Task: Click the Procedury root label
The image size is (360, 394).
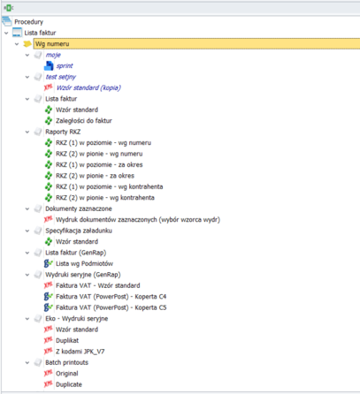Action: coord(28,22)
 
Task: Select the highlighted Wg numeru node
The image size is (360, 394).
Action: coord(52,44)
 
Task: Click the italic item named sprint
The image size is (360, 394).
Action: coord(65,66)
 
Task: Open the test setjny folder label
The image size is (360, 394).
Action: coord(61,77)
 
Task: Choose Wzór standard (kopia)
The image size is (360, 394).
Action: coord(88,87)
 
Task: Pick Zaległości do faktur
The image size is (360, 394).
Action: coord(84,121)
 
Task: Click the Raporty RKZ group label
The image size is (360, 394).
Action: coord(63,132)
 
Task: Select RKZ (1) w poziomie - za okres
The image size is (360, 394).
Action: coord(99,164)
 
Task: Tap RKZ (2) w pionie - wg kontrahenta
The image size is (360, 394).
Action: coord(105,198)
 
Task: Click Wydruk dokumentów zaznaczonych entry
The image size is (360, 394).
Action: coord(138,220)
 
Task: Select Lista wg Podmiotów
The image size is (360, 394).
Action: coord(85,263)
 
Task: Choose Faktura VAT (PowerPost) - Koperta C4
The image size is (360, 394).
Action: coord(111,297)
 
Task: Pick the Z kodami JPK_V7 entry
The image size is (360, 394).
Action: coord(80,352)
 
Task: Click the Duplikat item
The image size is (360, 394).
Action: coord(67,340)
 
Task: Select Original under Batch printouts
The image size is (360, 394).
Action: coord(67,374)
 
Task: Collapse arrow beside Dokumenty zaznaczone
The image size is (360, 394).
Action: coord(27,208)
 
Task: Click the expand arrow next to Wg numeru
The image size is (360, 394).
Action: coord(17,44)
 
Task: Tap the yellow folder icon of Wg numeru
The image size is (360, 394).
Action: coord(27,44)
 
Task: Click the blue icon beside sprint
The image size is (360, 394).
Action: coord(49,66)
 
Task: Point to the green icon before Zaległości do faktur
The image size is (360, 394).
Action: coord(49,121)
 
